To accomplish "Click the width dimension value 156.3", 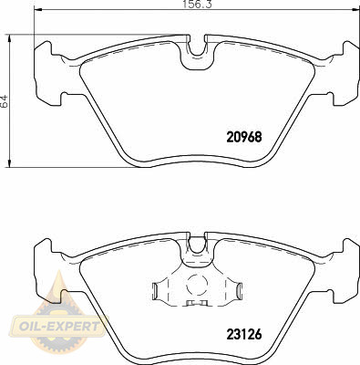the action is pos(198,5).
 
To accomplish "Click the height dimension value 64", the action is pos(5,101).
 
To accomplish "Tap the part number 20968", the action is pos(244,137).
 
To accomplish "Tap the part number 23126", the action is pos(244,335).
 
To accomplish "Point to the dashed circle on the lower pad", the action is pos(197,285).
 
